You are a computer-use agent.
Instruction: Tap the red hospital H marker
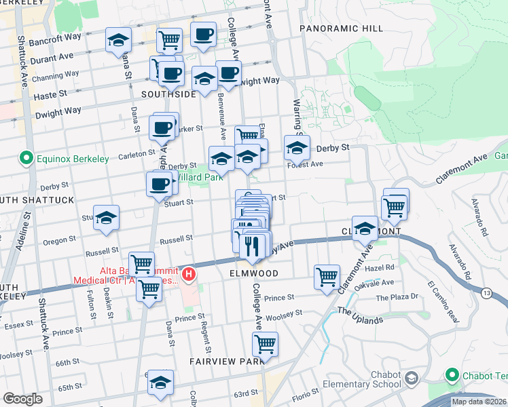(189, 275)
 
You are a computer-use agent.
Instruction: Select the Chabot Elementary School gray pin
(410, 378)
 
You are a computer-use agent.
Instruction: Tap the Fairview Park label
(226, 362)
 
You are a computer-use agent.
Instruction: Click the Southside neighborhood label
(168, 94)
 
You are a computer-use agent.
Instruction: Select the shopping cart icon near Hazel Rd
(327, 277)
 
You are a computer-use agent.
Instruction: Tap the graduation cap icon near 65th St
(160, 383)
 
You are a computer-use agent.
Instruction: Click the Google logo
(22, 399)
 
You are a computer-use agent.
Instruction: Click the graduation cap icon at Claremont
(365, 228)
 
